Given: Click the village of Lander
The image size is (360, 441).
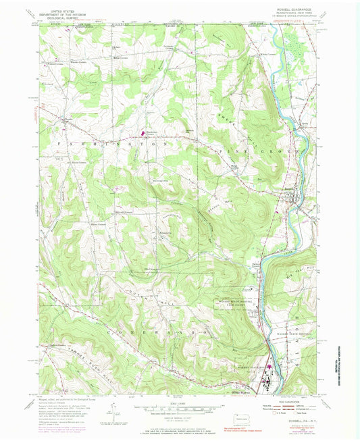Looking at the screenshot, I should [x=66, y=122].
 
